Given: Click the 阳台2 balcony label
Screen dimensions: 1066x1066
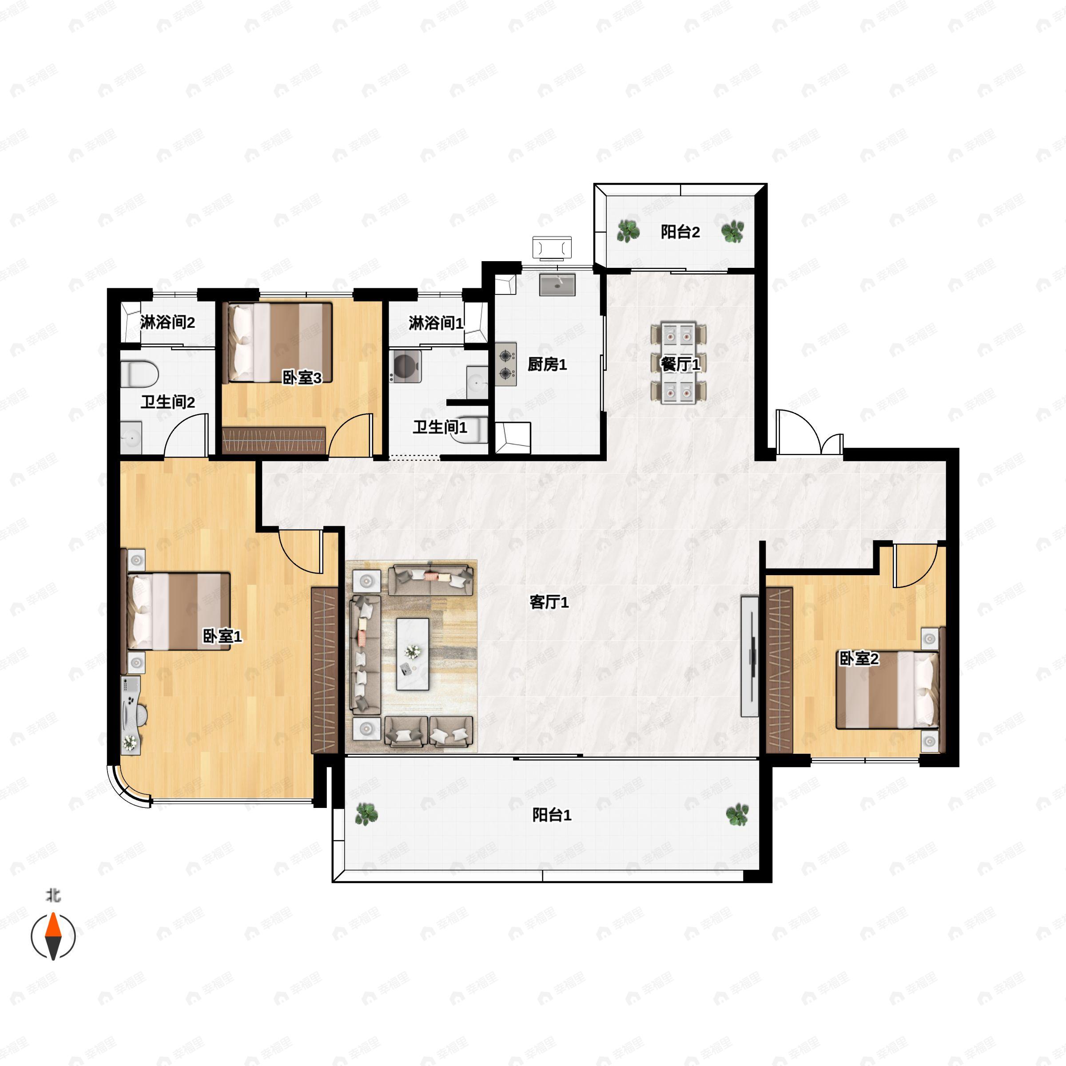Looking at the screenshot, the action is [680, 232].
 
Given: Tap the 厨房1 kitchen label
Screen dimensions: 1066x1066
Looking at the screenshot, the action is [547, 364].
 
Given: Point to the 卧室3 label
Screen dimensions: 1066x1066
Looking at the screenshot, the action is [302, 378].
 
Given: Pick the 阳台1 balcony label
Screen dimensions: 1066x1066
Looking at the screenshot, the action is [552, 815].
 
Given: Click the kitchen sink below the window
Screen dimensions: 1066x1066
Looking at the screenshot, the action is [557, 285].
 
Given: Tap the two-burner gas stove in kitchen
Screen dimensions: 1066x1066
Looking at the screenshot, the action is [505, 364].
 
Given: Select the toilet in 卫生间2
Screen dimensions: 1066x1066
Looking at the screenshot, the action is [139, 374].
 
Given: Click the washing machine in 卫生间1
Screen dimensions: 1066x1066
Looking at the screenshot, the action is [406, 366].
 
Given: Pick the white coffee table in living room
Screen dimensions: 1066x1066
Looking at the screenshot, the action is [413, 654].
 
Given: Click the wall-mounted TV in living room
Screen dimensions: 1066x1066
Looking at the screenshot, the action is [750, 656].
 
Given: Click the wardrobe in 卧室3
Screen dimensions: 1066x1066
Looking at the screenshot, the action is [274, 440].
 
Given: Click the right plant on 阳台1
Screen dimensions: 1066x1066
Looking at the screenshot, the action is [737, 815].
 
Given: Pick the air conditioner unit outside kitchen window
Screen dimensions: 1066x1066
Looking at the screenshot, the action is [552, 247].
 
